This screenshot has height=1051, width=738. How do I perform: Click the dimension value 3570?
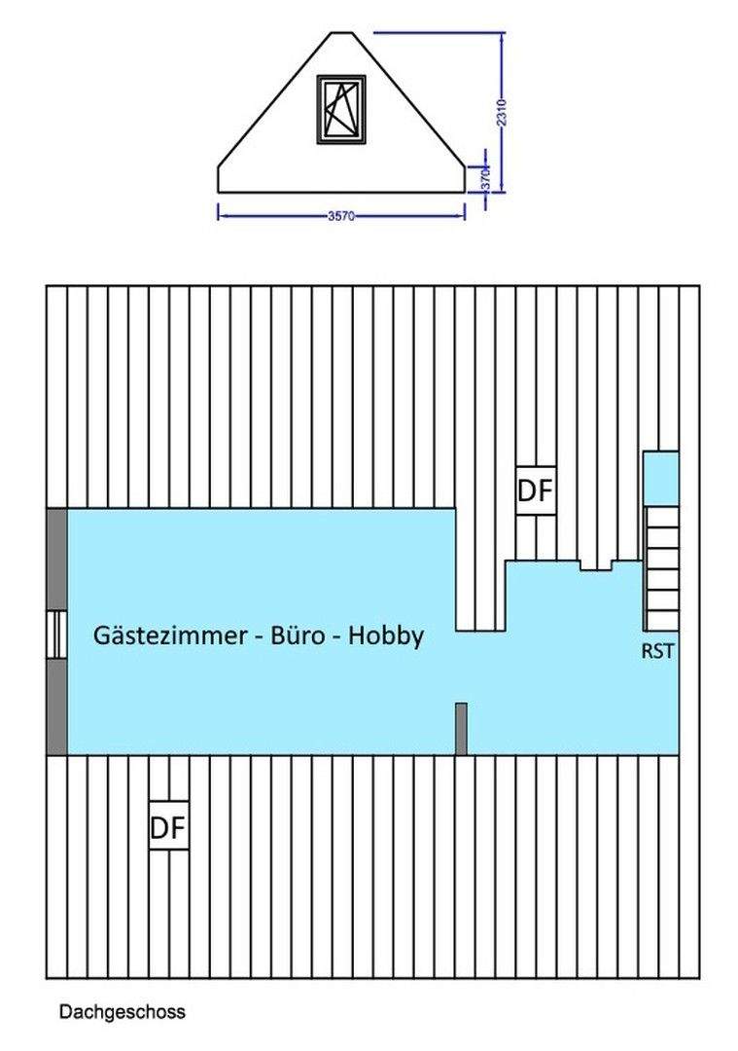pos(341,216)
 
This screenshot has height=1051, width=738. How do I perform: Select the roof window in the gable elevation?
pos(340,109)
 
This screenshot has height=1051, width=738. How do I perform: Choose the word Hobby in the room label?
pos(386,635)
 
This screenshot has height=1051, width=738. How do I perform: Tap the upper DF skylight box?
pos(535,491)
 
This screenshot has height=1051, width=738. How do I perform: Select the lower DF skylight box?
pos(168,827)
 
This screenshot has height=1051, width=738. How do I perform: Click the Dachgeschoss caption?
pos(122,1012)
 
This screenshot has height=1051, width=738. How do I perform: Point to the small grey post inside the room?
pos(461,728)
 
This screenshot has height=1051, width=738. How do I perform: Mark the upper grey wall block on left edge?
pos(57,559)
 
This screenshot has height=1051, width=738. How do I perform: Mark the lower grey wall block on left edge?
pos(57,707)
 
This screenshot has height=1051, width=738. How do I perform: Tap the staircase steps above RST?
pos(662,567)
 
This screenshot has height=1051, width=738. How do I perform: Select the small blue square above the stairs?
pos(661,477)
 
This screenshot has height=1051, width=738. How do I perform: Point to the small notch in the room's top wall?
pos(595,564)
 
